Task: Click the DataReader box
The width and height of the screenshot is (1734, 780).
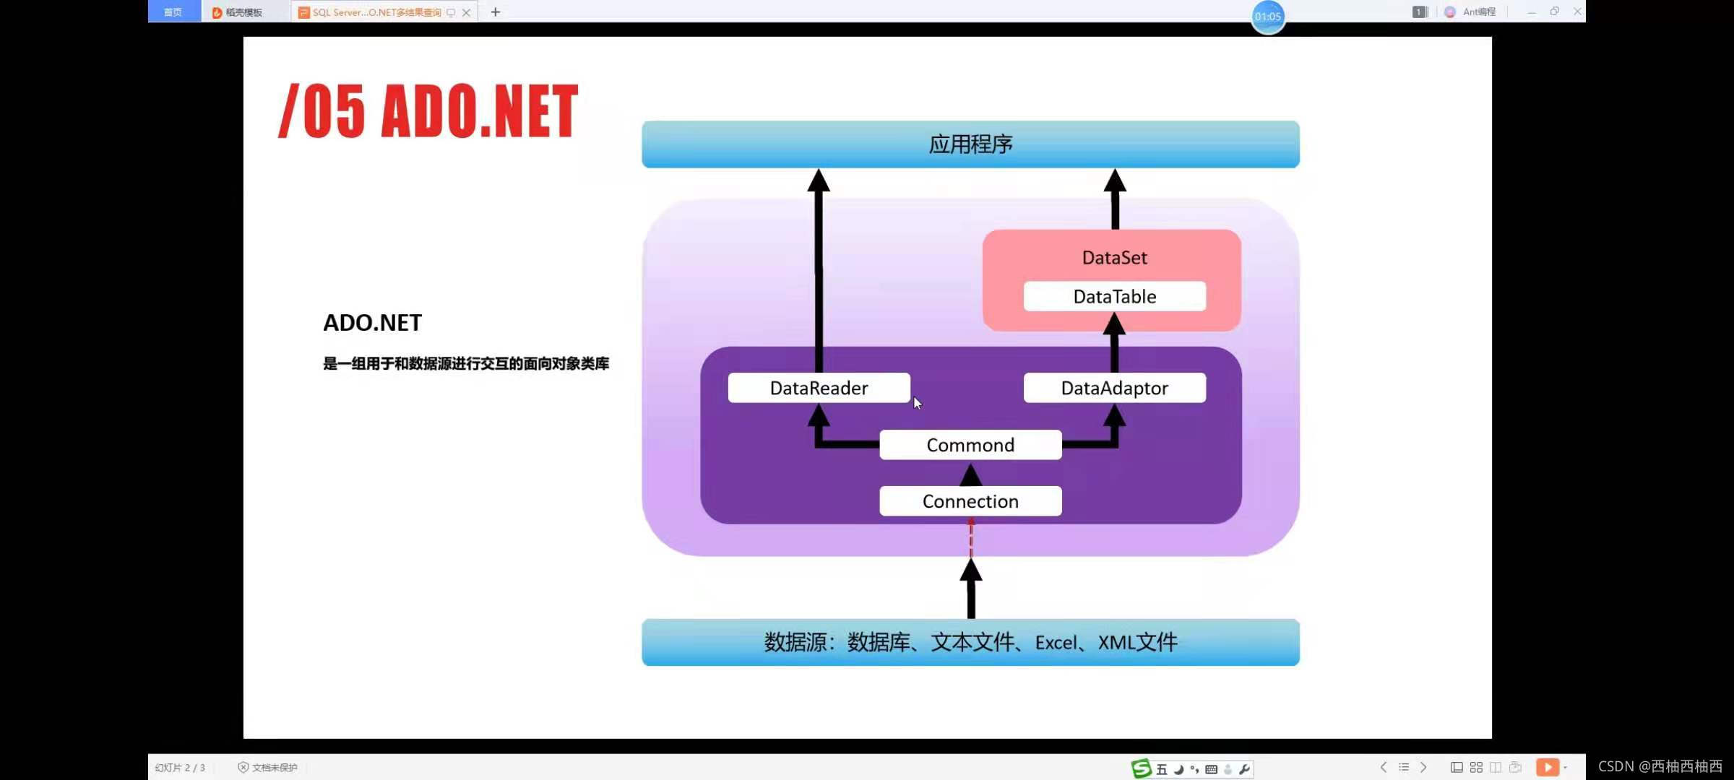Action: (819, 388)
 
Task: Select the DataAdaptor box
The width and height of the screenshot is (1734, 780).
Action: (1114, 388)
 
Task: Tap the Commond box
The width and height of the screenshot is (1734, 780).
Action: (970, 445)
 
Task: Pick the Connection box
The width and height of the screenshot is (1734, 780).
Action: (970, 501)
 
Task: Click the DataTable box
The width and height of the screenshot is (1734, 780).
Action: (1114, 296)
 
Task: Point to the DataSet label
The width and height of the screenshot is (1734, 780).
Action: (1114, 258)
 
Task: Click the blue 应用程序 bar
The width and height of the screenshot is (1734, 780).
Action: (970, 144)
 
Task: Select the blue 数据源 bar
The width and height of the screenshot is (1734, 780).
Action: (970, 642)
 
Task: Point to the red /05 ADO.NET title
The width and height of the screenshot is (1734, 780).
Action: (428, 111)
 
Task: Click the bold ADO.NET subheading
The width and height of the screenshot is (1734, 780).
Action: (372, 322)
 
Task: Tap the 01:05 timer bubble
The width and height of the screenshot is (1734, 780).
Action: (1267, 17)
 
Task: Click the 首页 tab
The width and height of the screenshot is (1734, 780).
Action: (173, 12)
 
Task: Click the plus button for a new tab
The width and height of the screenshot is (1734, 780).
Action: (496, 12)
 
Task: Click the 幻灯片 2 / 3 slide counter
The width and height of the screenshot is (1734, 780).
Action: (180, 768)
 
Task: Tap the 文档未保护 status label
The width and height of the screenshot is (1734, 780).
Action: (268, 768)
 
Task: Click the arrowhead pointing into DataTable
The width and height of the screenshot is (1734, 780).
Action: (1114, 323)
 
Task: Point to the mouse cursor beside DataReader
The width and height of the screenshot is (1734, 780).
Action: (917, 403)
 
